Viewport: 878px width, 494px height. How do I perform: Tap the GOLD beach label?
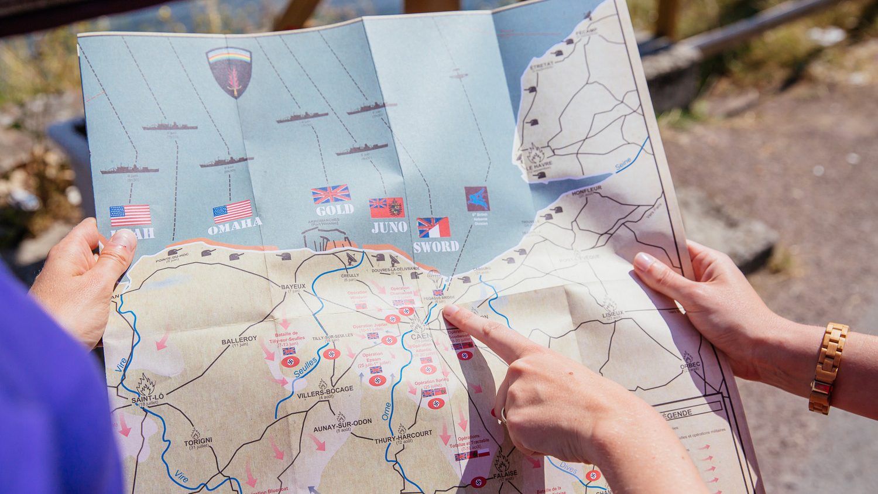pos(334,209)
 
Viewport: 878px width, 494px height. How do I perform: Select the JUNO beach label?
pos(389,227)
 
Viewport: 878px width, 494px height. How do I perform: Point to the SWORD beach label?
pos(435,246)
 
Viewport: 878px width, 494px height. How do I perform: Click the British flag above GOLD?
pos(331,194)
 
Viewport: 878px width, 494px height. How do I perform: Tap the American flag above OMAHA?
pos(232,211)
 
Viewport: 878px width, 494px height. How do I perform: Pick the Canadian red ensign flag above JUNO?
pos(386,208)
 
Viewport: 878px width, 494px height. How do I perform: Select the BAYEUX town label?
pos(293,287)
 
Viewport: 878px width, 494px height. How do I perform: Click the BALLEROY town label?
pos(239,339)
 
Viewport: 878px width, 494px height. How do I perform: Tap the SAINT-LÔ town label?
pos(148,399)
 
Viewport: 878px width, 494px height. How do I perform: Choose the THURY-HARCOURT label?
pos(403,434)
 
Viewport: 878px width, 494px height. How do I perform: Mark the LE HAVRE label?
pos(539,166)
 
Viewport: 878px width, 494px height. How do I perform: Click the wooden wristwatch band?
pos(828,368)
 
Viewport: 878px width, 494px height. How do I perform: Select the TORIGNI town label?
pos(198,440)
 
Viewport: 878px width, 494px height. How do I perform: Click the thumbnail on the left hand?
pos(124,239)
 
